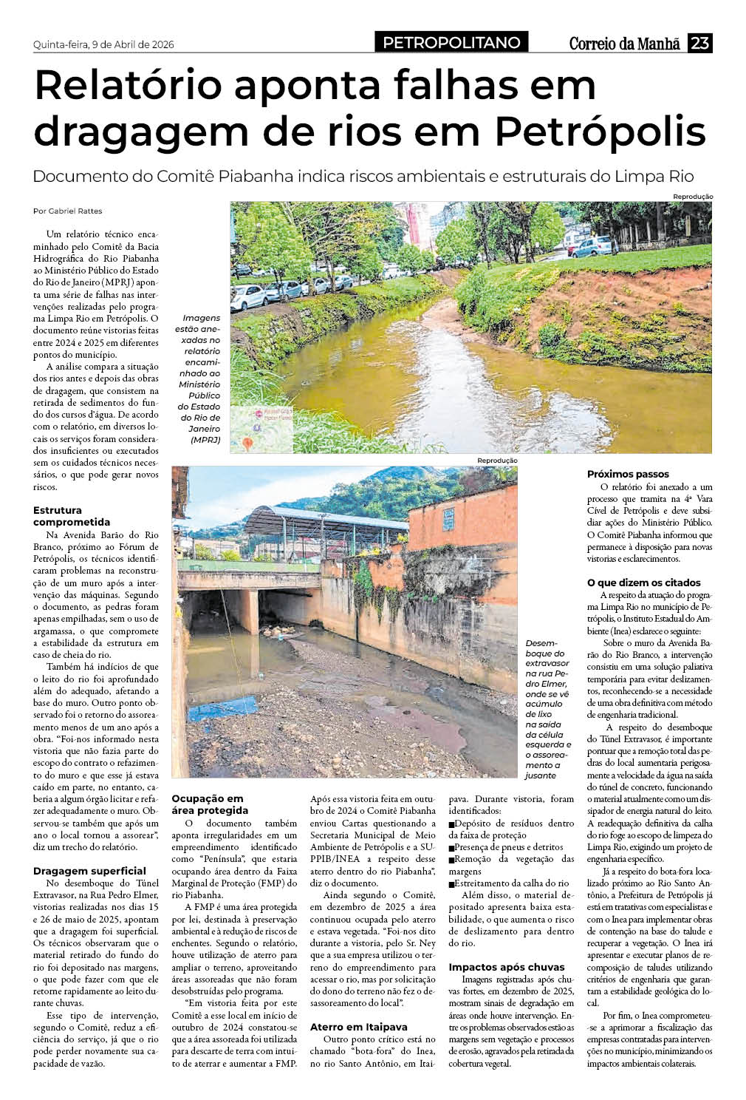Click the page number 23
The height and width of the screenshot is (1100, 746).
pyautogui.click(x=699, y=44)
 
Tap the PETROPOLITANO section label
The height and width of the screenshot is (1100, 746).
pyautogui.click(x=451, y=43)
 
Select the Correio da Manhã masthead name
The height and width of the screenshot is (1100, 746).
pyautogui.click(x=624, y=44)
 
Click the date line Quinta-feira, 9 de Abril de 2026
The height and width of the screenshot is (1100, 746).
pyautogui.click(x=103, y=44)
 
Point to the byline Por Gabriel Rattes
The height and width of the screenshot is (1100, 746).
pyautogui.click(x=67, y=211)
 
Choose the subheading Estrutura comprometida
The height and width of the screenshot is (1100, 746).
pyautogui.click(x=71, y=515)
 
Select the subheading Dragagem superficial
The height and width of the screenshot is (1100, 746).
pyautogui.click(x=89, y=871)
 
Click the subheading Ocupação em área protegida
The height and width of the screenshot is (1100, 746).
pyautogui.click(x=210, y=804)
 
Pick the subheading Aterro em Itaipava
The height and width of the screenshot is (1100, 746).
pyautogui.click(x=358, y=1027)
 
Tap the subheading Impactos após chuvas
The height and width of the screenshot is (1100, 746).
pyautogui.click(x=506, y=967)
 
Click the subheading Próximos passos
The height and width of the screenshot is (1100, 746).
pyautogui.click(x=628, y=474)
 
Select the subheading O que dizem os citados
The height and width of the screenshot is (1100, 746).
pyautogui.click(x=643, y=583)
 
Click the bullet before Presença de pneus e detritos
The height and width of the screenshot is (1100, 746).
pyautogui.click(x=452, y=847)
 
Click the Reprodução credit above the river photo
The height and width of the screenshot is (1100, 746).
pyautogui.click(x=692, y=196)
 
